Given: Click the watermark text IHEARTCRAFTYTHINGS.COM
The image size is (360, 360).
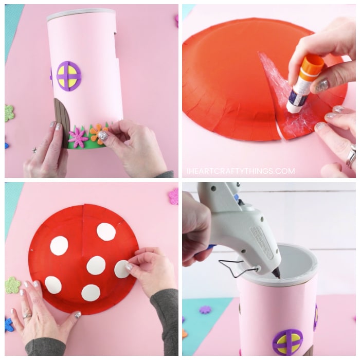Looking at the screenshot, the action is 241,171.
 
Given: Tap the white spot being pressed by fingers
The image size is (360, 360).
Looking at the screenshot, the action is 122,269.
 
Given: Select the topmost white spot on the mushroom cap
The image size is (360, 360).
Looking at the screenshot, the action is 106,231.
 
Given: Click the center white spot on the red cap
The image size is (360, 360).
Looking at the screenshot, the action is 96,265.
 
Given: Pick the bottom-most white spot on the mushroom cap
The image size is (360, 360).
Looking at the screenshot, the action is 91,293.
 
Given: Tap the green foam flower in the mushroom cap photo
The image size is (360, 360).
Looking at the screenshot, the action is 12,285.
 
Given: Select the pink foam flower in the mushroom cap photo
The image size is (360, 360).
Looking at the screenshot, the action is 173,196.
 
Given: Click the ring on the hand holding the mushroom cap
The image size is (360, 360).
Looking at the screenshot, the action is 27,316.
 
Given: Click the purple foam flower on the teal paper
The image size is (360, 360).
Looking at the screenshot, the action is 205,310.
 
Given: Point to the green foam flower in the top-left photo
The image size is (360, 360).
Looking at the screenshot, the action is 9,113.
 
